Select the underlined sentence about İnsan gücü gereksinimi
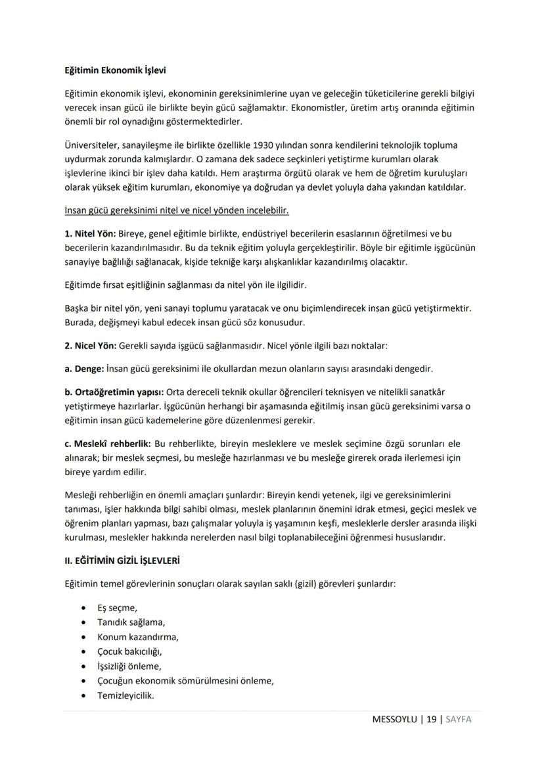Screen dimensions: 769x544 tap(176, 211)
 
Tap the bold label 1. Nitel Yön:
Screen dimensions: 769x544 tap(89, 233)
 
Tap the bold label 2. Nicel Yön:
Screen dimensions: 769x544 tap(90, 345)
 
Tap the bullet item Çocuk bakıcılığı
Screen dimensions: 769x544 tap(129, 651)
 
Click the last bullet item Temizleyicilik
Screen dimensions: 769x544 tap(125, 695)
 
